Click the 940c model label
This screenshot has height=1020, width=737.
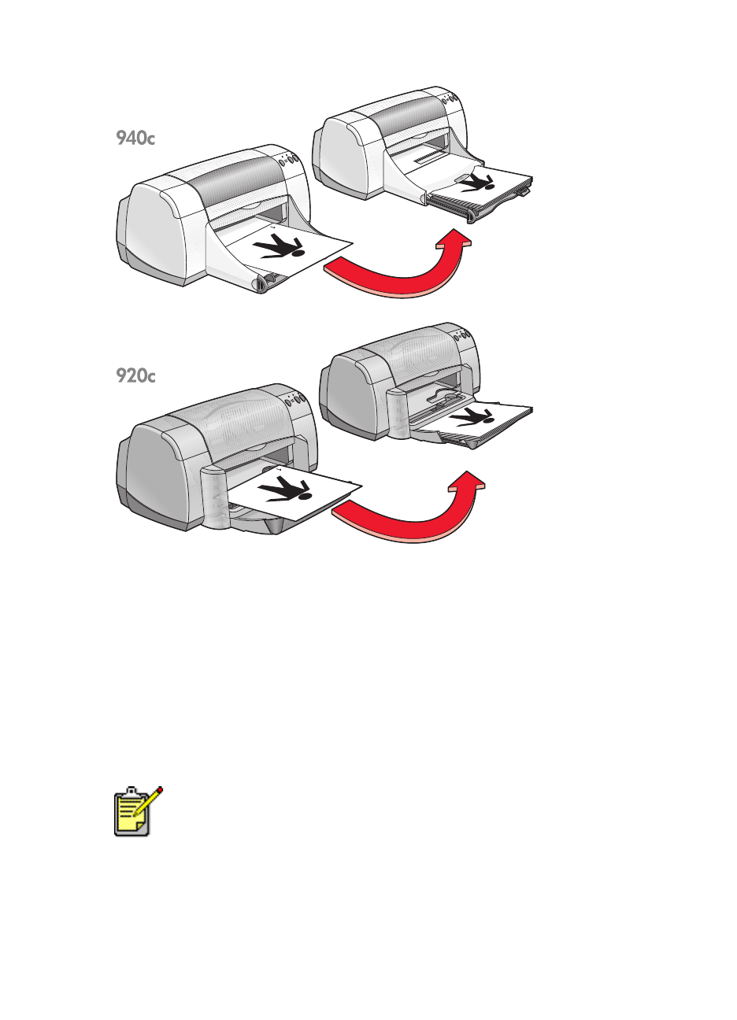coord(135,139)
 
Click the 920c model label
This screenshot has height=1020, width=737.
coord(135,376)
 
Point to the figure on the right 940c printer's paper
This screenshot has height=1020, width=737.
coord(476,183)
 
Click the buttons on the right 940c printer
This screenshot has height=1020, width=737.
coord(451,100)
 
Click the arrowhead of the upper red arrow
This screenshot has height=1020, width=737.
coord(454,239)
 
